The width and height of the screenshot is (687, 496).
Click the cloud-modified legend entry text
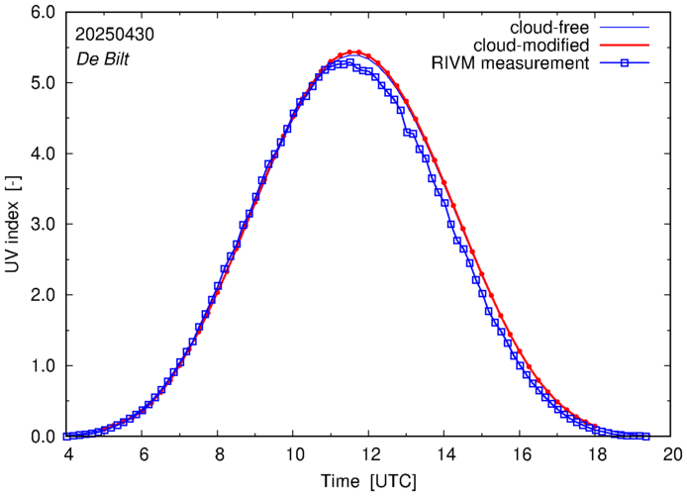533,46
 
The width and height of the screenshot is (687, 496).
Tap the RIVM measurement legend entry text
511,64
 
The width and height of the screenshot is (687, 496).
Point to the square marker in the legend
626,64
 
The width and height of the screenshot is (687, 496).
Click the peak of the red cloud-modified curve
354,51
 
